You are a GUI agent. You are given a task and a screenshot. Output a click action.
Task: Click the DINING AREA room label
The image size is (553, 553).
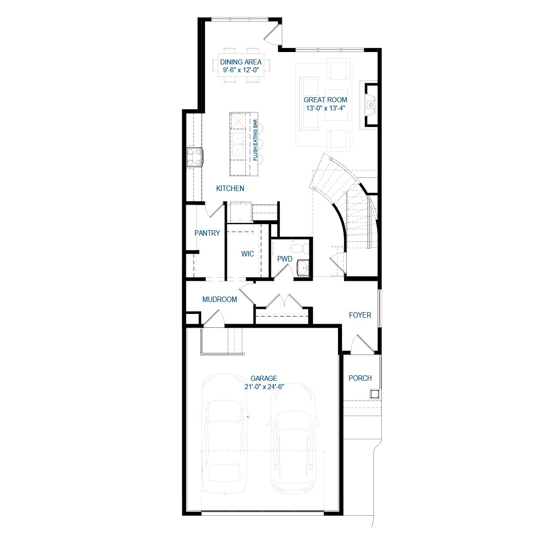[240, 62]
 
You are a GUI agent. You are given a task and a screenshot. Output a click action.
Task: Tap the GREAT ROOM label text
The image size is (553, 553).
[325, 100]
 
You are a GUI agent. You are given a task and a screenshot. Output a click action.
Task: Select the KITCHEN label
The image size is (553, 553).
[230, 188]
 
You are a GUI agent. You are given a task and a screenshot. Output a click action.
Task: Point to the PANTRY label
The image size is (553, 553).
[207, 233]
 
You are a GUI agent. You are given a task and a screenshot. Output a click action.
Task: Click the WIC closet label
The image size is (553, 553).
[247, 254]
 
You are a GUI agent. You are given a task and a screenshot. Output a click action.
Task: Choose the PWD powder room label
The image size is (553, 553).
[285, 259]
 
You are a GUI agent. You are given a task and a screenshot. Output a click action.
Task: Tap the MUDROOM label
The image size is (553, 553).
[220, 300]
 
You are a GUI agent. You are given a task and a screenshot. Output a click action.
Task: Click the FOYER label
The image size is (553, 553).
[360, 315]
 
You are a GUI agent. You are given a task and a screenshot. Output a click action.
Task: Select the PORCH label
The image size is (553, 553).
[360, 378]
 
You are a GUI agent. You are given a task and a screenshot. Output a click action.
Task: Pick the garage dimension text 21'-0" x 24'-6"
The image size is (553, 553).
[264, 387]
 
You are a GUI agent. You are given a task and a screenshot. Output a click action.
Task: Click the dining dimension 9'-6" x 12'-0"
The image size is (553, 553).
[241, 70]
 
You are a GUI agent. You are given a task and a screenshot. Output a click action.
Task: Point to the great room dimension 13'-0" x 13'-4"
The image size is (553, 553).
[325, 108]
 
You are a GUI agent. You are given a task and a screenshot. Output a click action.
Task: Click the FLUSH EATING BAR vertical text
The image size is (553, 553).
[255, 141]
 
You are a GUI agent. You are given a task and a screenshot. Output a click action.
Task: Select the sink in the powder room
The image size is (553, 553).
[303, 268]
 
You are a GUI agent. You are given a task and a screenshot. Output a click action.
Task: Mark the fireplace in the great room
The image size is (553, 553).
[371, 105]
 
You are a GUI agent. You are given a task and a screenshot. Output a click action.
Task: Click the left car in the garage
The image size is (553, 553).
[224, 433]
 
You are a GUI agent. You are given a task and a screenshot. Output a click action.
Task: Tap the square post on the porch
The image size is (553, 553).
[374, 394]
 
